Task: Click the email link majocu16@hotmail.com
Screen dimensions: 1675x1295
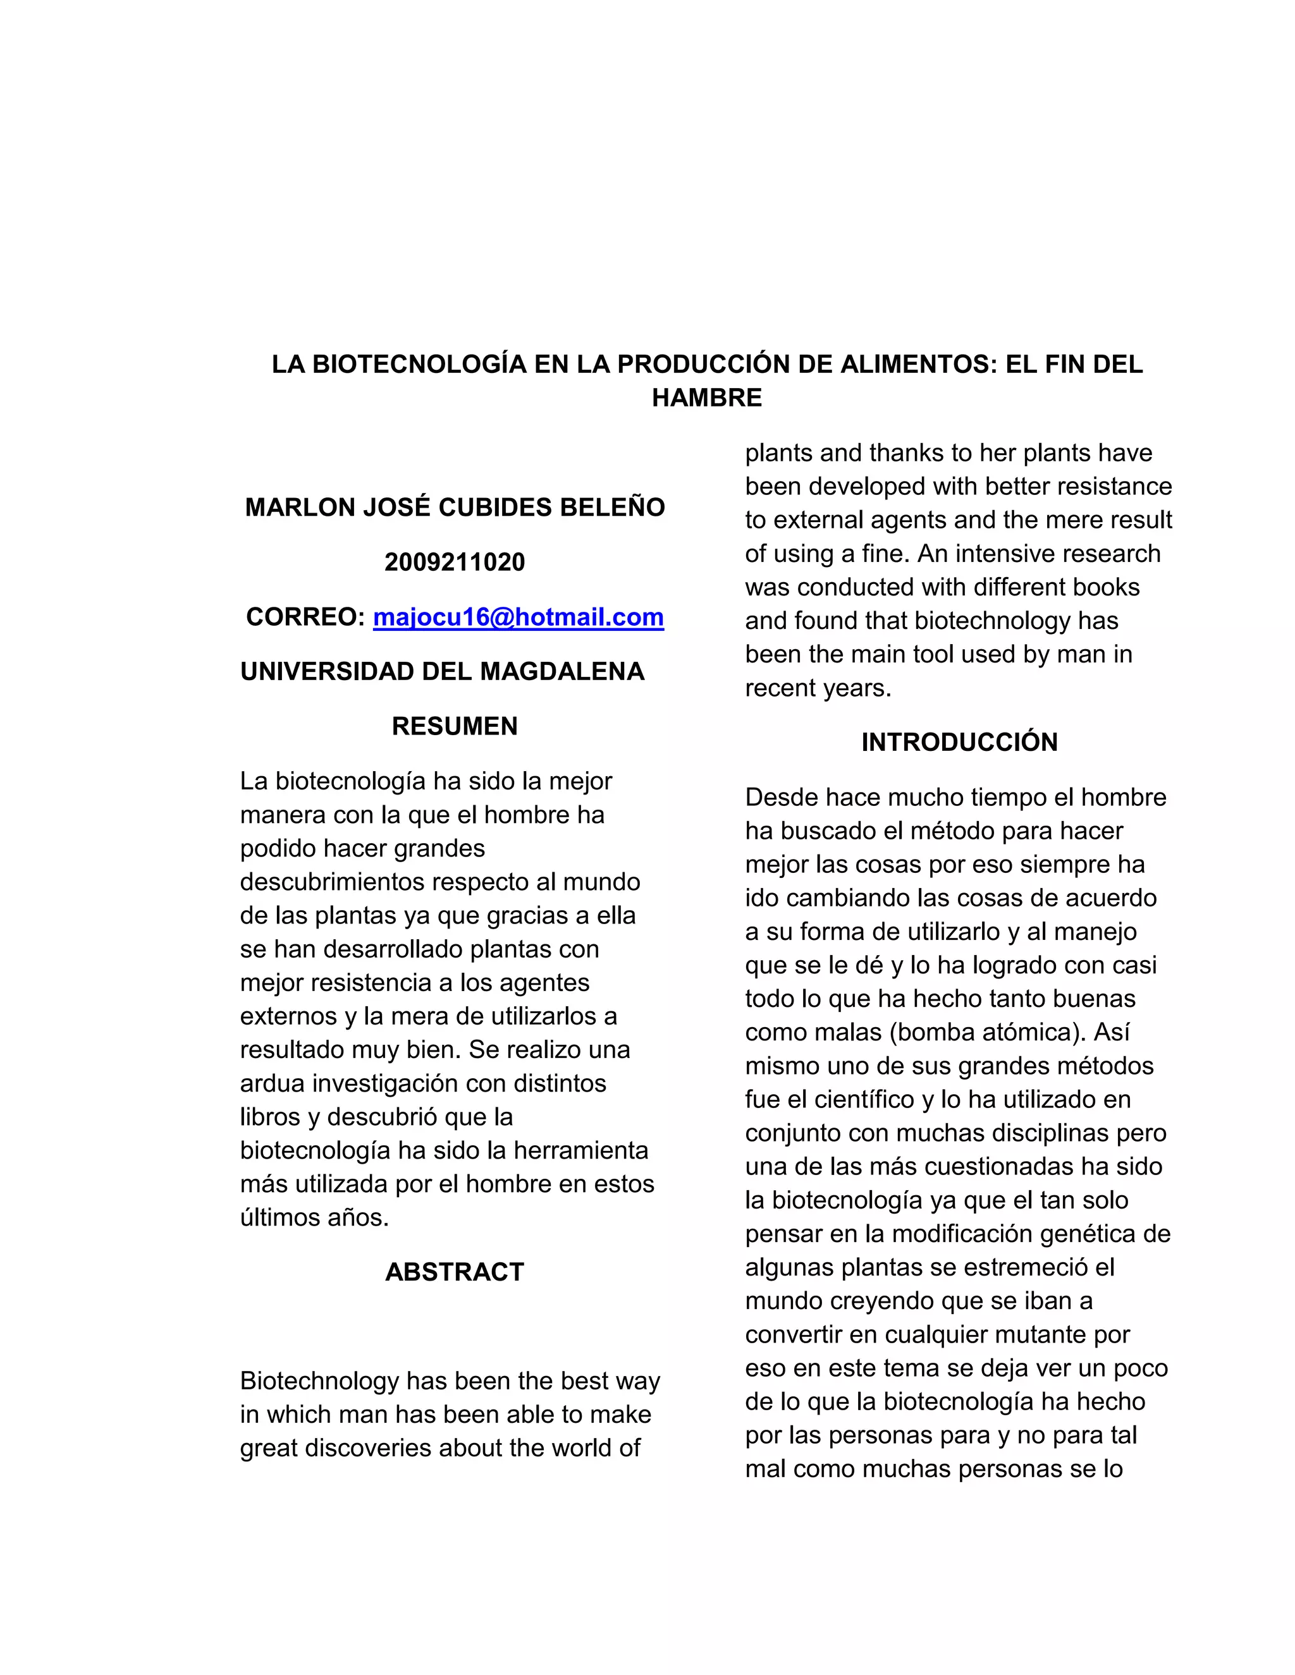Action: click(518, 617)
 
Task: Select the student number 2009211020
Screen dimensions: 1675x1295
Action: click(454, 562)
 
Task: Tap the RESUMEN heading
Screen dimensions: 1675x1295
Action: click(454, 726)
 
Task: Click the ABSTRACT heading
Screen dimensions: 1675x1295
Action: click(454, 1272)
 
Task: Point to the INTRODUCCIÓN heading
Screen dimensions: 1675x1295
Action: click(959, 741)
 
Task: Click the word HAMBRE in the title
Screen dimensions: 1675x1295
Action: click(706, 398)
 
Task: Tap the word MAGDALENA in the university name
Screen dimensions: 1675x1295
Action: click(562, 671)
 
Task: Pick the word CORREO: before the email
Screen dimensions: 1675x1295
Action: click(305, 617)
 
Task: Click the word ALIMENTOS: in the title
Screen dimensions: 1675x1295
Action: click(918, 363)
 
